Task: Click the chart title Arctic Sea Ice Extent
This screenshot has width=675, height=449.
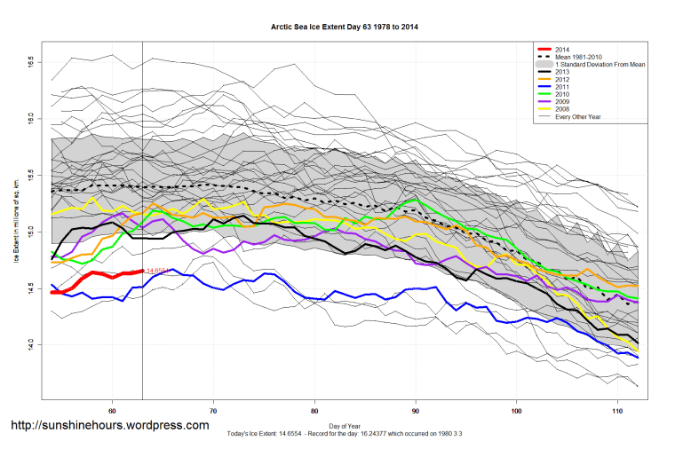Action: click(x=345, y=28)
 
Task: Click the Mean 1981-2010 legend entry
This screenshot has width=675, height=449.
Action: click(x=579, y=57)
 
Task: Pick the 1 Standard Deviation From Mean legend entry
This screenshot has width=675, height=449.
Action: click(x=594, y=66)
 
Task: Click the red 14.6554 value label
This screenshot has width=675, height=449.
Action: click(x=158, y=271)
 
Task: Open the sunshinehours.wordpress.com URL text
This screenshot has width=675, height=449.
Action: click(x=109, y=426)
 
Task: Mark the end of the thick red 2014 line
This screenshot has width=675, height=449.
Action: click(x=142, y=272)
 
